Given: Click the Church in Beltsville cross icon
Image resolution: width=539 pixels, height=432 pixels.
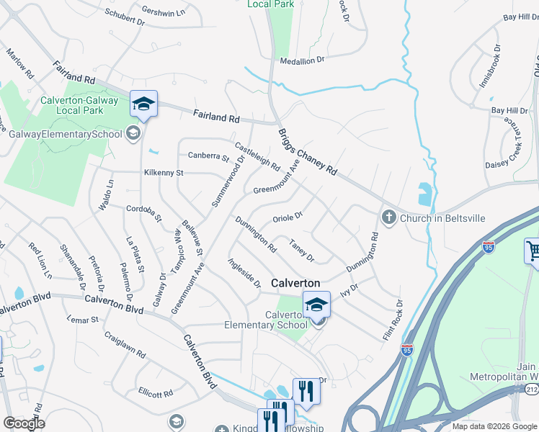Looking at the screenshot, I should [x=388, y=217].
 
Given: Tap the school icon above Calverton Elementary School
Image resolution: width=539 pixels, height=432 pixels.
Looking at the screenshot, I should [x=316, y=305].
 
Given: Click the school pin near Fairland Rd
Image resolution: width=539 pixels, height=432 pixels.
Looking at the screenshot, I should [x=143, y=104].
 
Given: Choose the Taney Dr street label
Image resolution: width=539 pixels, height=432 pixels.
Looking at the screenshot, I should [x=302, y=249].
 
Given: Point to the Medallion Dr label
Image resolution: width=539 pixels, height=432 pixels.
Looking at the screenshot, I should [x=302, y=61].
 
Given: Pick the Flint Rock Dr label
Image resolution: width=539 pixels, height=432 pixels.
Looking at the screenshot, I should [x=393, y=321].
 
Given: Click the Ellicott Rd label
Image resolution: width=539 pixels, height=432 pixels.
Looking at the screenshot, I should [x=156, y=392].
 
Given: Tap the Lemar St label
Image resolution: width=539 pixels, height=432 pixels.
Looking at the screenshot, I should [x=82, y=318].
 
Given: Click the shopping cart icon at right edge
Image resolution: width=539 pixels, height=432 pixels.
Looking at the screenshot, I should [x=533, y=251].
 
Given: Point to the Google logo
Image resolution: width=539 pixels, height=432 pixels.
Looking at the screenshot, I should [x=23, y=423].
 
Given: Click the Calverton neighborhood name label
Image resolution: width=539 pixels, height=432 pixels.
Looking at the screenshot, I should [x=295, y=284].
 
